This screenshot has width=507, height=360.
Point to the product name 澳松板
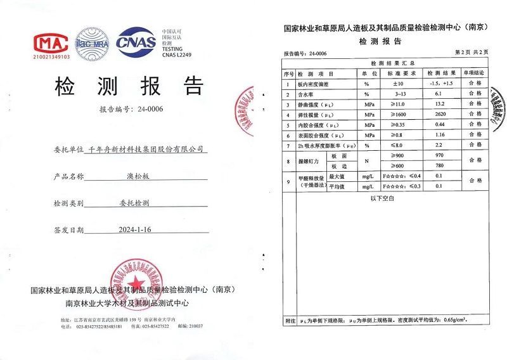134,176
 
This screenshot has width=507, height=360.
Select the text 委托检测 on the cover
134,203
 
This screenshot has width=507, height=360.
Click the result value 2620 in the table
440,115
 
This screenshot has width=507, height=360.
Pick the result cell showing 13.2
440,104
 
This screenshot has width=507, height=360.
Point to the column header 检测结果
440,73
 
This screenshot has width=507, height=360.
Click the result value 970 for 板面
440,156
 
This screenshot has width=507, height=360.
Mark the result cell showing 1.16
440,135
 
